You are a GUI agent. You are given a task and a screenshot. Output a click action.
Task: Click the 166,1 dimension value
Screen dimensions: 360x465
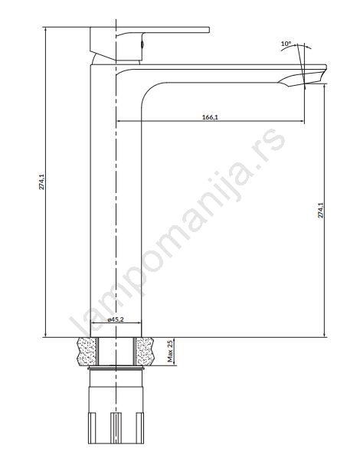(210, 117)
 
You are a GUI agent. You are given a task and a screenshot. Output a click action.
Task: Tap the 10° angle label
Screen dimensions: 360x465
(286, 44)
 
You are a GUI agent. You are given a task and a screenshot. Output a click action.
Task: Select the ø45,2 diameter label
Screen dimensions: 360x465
(116, 319)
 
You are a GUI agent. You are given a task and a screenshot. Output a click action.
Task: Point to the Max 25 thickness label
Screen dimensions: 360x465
(170, 352)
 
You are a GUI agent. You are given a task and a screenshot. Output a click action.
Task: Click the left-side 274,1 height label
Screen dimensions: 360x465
(42, 182)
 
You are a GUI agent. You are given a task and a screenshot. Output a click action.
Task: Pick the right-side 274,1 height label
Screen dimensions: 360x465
(321, 210)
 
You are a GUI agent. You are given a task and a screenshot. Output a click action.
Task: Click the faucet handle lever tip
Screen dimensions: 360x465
(208, 30)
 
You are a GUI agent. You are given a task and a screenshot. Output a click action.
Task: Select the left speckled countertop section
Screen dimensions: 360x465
(87, 352)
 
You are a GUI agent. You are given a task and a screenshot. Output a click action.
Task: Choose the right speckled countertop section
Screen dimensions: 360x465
(145, 352)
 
